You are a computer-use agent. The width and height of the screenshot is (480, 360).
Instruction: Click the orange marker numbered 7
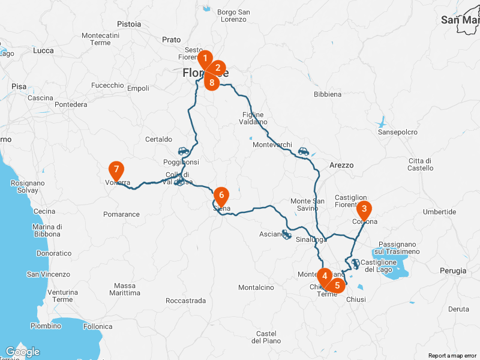tap(116, 170)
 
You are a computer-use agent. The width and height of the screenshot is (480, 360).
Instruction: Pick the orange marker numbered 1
tap(205, 59)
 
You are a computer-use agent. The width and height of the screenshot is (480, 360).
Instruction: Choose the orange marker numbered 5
tap(337, 286)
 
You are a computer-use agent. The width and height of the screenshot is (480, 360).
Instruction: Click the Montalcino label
tap(256, 287)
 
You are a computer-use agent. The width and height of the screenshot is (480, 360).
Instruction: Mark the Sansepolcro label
tap(397, 132)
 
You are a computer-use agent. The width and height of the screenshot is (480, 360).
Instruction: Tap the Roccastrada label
tap(185, 301)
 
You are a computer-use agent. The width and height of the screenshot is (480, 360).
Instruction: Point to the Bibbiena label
tap(328, 94)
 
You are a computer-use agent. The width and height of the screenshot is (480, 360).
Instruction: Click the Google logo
tap(22, 352)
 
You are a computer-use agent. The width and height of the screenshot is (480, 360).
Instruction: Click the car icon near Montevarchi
tap(304, 152)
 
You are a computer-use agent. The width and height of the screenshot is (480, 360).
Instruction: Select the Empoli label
tap(138, 88)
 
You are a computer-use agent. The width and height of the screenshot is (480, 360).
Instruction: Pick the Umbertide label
tap(439, 212)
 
